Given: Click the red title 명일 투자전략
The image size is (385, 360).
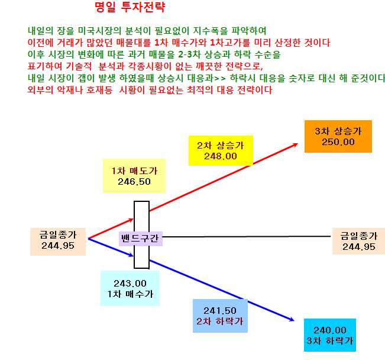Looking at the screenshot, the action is (x=130, y=7).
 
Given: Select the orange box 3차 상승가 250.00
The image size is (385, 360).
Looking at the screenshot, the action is (x=338, y=136).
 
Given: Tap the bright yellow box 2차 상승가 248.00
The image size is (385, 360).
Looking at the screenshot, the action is (x=221, y=150).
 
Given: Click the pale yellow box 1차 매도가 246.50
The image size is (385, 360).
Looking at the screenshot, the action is (x=134, y=176).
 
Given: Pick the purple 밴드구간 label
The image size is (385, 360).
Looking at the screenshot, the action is (x=140, y=239).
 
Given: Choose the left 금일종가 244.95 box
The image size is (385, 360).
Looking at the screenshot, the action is (x=58, y=242).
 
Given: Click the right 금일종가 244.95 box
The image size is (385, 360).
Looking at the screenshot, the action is (x=358, y=241).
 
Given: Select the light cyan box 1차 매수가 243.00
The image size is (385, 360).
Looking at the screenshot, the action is (x=130, y=288).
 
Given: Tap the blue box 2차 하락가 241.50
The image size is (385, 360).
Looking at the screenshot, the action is (x=220, y=316).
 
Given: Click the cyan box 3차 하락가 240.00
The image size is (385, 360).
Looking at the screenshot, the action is (x=330, y=335).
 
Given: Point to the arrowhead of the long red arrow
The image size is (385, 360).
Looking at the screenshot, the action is (x=297, y=144).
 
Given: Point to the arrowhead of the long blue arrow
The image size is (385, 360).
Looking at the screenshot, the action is (x=294, y=320).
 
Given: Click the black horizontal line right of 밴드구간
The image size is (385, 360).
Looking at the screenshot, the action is (x=247, y=237).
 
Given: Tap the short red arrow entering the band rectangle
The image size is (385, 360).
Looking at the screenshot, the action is (x=111, y=229).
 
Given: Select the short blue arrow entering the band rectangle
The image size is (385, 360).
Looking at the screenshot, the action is (x=111, y=247).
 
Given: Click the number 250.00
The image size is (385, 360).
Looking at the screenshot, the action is (x=338, y=142).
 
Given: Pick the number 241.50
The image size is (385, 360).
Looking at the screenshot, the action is (x=220, y=311).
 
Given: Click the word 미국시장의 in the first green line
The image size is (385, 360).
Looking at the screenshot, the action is (x=99, y=31).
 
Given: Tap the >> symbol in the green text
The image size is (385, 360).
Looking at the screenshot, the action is (x=219, y=79).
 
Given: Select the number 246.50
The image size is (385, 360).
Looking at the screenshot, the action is (x=134, y=182).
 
